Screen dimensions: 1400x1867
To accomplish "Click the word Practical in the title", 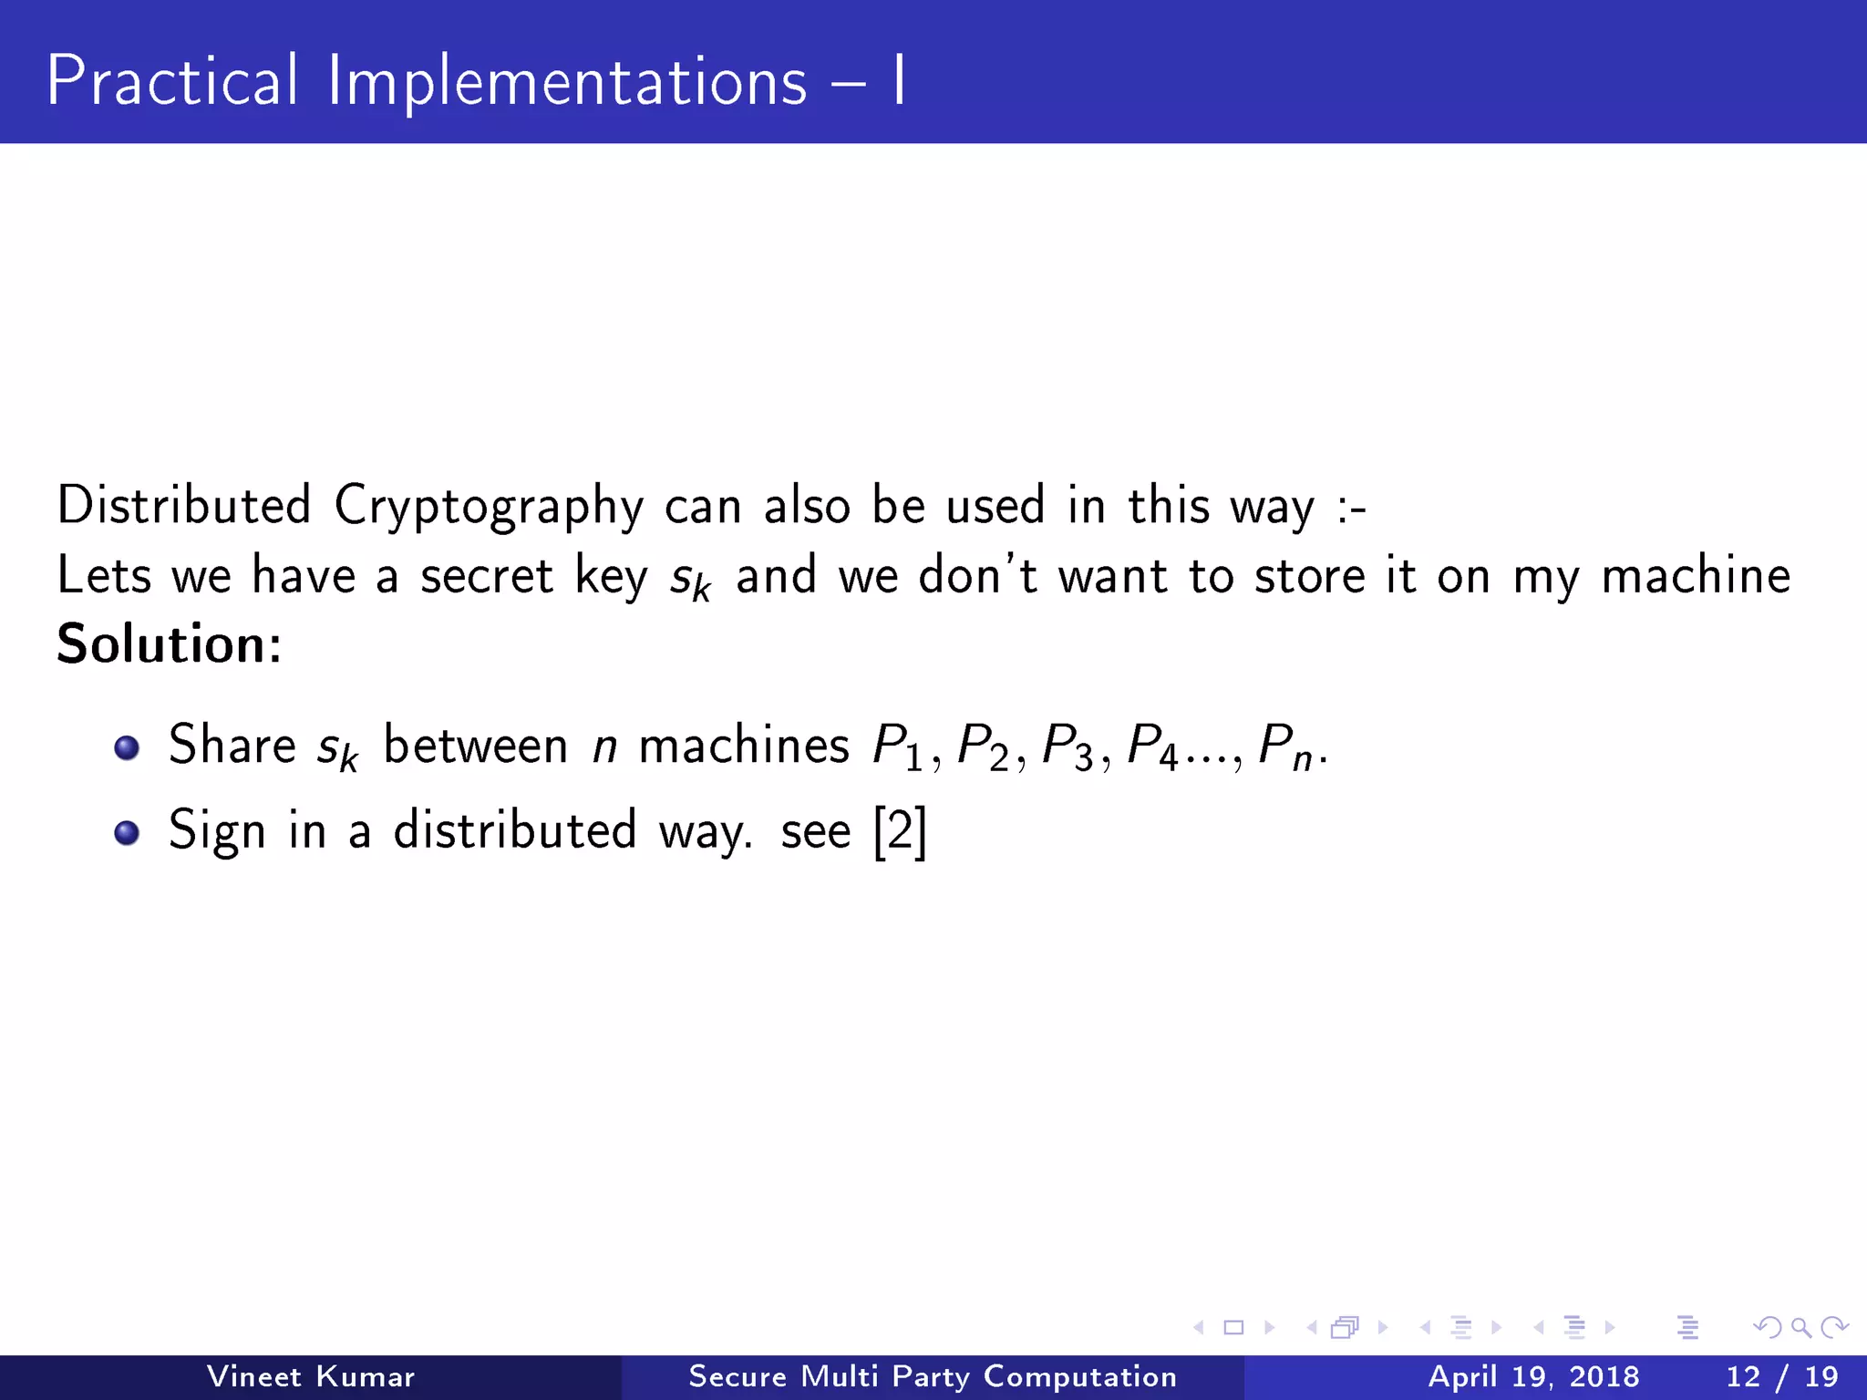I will point(172,81).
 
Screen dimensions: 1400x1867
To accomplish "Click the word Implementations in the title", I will point(567,83).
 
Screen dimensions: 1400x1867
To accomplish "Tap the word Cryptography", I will point(489,507).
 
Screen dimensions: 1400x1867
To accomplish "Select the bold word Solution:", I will point(170,644).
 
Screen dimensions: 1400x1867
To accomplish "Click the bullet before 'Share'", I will point(127,748).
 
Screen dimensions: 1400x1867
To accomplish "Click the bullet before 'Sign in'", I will point(127,833).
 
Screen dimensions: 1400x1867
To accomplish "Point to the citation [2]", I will point(900,831).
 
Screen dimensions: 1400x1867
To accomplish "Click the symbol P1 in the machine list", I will point(899,747).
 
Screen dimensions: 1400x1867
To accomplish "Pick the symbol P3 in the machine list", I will point(1068,747).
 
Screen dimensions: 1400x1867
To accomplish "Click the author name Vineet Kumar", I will point(311,1376).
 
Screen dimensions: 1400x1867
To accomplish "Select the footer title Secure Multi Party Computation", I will point(933,1376).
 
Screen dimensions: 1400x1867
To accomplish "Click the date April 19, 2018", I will point(1533,1376).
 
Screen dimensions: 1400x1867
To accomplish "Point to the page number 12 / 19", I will point(1782,1376).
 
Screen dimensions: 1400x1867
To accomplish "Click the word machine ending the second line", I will point(1697,576).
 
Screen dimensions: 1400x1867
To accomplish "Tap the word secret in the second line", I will point(487,576).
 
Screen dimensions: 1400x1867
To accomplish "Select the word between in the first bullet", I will point(476,746).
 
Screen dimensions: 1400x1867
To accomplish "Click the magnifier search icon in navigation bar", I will point(1800,1327).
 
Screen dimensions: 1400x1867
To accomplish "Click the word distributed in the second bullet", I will point(515,830).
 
